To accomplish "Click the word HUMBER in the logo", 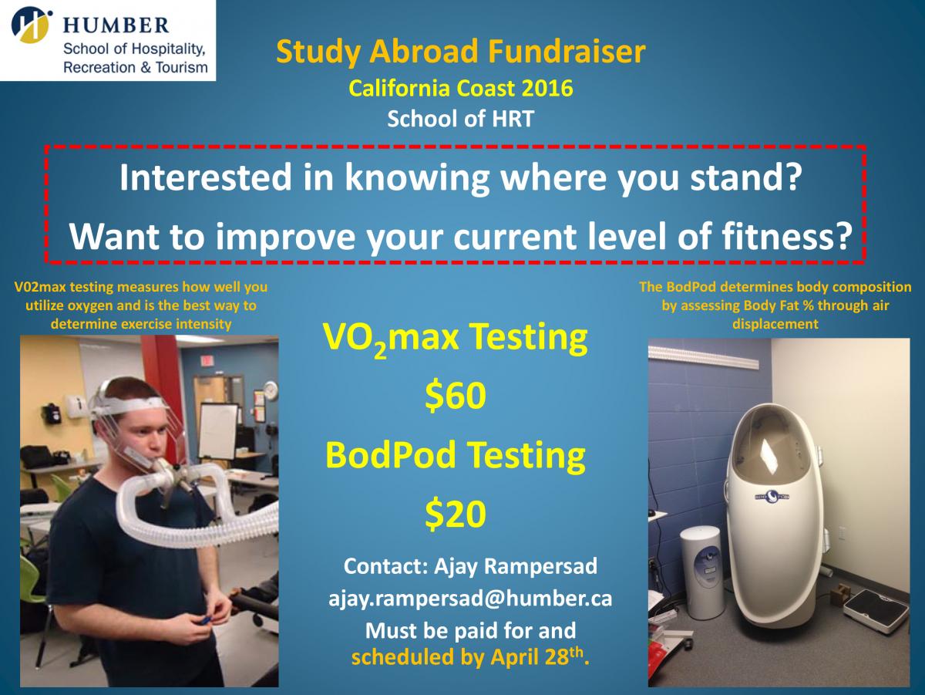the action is tap(116, 25).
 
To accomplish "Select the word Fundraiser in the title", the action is tap(567, 52).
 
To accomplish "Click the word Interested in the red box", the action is tap(206, 177).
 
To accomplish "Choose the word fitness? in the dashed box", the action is tap(787, 236).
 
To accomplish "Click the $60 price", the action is tap(455, 396).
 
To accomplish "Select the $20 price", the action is tap(455, 514).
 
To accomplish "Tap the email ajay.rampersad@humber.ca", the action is tap(470, 599).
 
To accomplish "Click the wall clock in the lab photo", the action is tap(271, 390).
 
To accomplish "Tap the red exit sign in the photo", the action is tap(207, 360).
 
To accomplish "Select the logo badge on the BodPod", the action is tap(772, 496).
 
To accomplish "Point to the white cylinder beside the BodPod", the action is tap(701, 572).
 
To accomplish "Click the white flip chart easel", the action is tap(218, 431).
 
